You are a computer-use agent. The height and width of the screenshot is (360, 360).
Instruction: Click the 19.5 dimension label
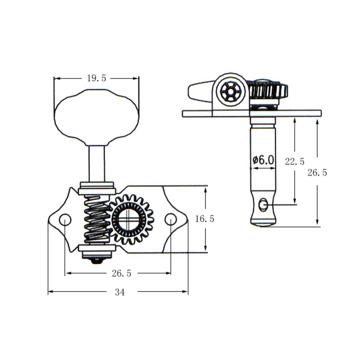pos(96,78)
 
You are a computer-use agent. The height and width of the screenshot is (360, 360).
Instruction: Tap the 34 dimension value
pos(120,292)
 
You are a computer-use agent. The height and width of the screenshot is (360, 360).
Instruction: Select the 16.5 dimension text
pos(205,219)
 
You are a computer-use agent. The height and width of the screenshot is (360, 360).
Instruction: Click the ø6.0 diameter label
pos(263,160)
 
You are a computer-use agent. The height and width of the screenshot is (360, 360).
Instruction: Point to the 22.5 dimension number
pos(295,162)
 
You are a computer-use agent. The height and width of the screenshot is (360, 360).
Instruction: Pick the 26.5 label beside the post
pos(317,173)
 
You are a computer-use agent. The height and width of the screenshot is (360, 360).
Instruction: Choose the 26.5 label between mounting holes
pos(121,274)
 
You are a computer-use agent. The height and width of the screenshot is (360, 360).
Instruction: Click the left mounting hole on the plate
pos(65,220)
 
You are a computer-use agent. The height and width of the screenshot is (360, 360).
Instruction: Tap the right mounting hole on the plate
pos(171,219)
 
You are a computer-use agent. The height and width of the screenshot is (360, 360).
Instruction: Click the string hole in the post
pos(263,204)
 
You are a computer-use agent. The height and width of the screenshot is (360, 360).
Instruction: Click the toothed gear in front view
pos(131,220)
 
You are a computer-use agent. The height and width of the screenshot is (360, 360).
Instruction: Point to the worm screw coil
pos(97,220)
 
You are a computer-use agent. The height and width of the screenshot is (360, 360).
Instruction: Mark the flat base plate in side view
pos(252,113)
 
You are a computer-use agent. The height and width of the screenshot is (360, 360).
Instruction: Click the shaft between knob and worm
pos(96,163)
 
